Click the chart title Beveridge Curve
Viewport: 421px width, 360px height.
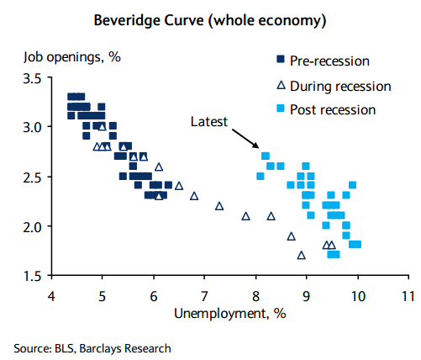point(210,19)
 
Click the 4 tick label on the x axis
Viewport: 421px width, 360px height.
point(51,296)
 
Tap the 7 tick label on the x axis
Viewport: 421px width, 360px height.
point(204,296)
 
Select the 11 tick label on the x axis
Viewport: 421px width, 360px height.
point(408,296)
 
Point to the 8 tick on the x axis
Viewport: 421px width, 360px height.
point(255,296)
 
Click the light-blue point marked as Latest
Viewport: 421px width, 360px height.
point(265,156)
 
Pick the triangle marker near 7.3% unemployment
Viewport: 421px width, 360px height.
point(219,206)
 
